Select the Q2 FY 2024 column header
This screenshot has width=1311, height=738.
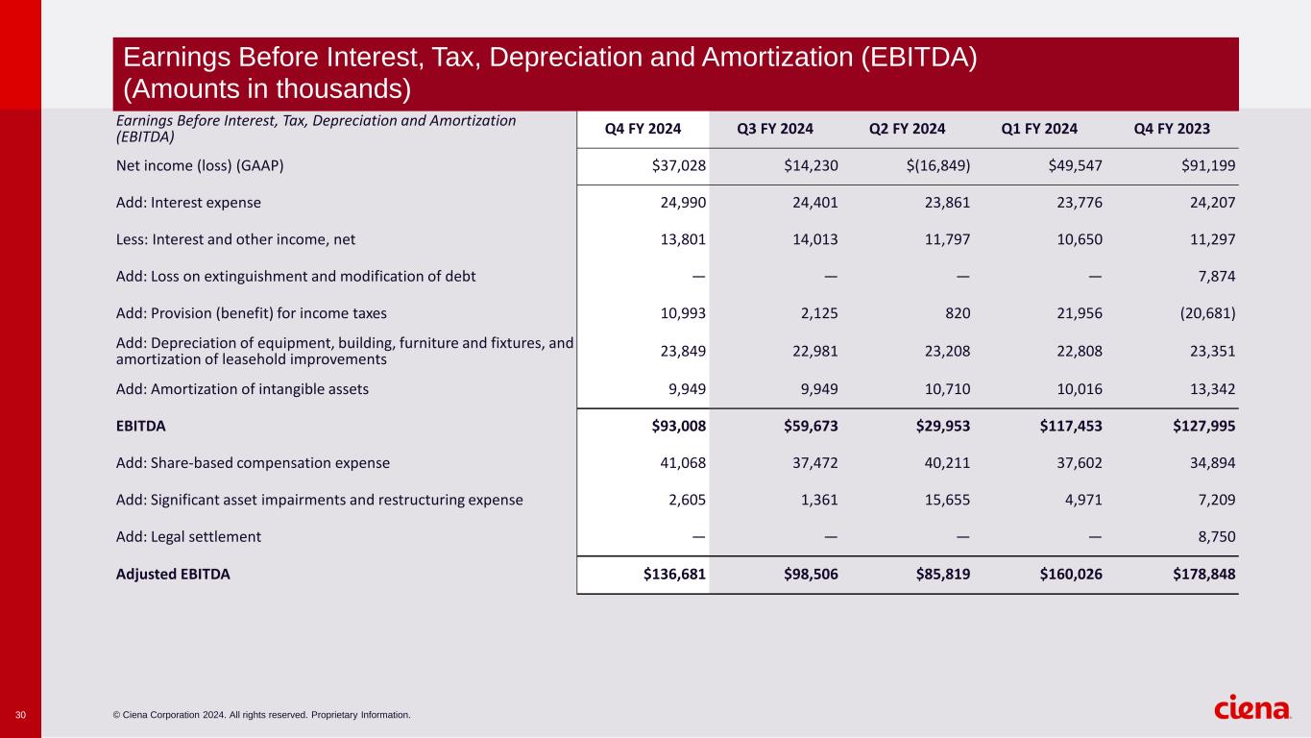tap(907, 129)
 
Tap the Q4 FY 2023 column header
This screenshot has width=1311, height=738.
tap(1172, 129)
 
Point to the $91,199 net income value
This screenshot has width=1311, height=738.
tap(1207, 166)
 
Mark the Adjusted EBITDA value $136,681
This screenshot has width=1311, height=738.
tap(675, 575)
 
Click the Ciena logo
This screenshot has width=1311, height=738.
tap(1252, 709)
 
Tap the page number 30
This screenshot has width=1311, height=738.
tap(20, 715)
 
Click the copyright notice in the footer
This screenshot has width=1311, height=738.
tap(261, 715)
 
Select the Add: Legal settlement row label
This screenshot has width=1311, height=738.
tap(188, 537)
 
